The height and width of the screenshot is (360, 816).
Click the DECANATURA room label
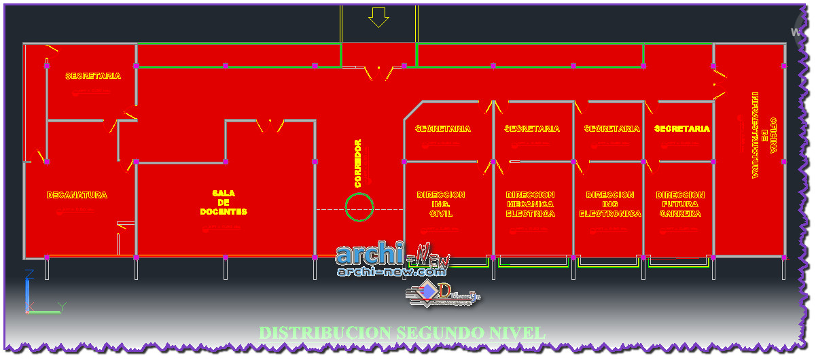point(77,196)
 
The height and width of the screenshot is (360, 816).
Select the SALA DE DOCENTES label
point(224,202)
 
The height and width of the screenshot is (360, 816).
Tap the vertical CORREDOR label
point(358,164)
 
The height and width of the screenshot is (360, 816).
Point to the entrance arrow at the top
point(378,17)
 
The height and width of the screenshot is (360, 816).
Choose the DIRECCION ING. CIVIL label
point(440,204)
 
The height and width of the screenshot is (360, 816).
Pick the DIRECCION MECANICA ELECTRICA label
point(530,204)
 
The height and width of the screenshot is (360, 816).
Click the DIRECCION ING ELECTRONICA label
point(610,204)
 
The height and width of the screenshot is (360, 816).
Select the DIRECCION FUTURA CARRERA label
point(680,204)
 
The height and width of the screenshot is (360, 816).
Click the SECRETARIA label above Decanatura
point(93,76)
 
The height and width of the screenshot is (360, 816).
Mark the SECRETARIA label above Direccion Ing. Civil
point(442,128)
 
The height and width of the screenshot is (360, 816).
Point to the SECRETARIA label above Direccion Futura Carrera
point(682,128)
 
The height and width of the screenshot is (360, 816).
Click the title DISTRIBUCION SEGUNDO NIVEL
point(403,334)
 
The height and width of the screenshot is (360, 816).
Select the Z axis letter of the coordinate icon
point(29,274)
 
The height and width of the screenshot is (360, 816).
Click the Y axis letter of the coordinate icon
point(61,307)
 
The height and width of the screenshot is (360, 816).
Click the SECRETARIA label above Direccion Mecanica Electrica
point(532,128)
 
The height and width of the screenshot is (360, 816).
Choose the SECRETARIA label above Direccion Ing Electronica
point(611,128)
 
